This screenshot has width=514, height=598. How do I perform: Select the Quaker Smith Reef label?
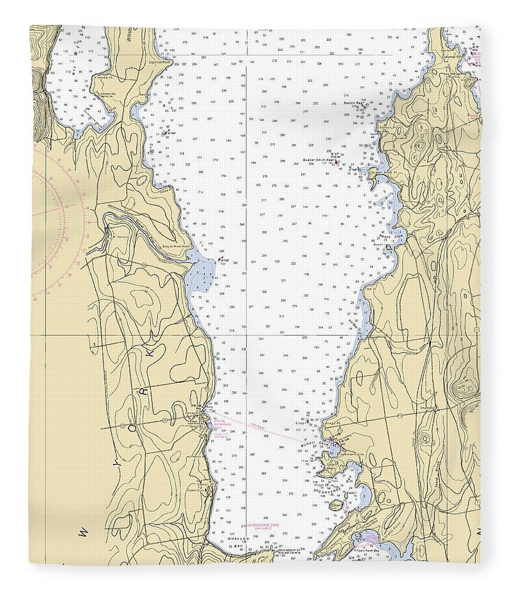click(x=317, y=160)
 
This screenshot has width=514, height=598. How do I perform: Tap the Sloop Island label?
click(x=301, y=423)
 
